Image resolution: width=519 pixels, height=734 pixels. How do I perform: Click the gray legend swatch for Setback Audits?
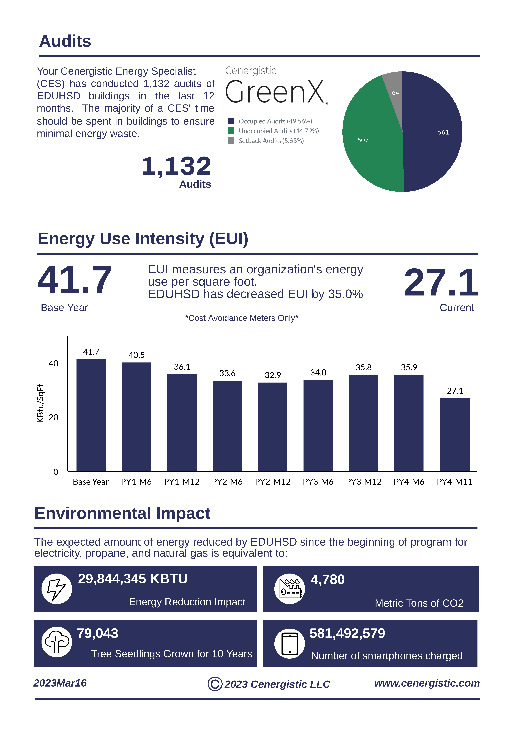231,141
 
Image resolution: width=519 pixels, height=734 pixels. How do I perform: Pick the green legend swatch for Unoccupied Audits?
231,131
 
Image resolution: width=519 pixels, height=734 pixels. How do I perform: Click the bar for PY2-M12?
273,427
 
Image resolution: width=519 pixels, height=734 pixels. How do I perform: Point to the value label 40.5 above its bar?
136,355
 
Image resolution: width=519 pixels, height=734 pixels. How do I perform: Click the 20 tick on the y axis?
53,418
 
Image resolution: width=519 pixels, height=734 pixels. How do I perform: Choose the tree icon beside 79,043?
57,642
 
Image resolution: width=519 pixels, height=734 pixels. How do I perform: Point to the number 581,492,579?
347,633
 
